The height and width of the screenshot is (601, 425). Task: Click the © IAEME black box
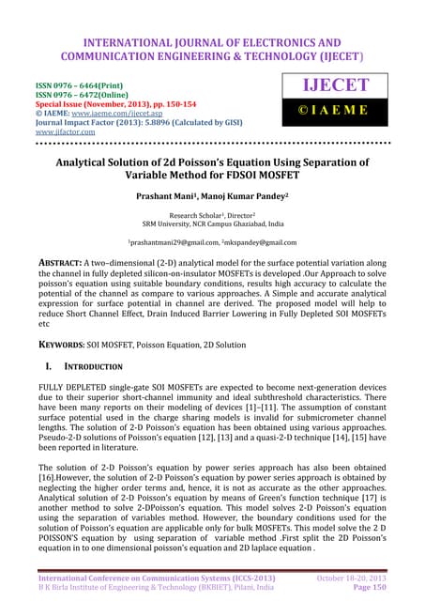click(x=336, y=118)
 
